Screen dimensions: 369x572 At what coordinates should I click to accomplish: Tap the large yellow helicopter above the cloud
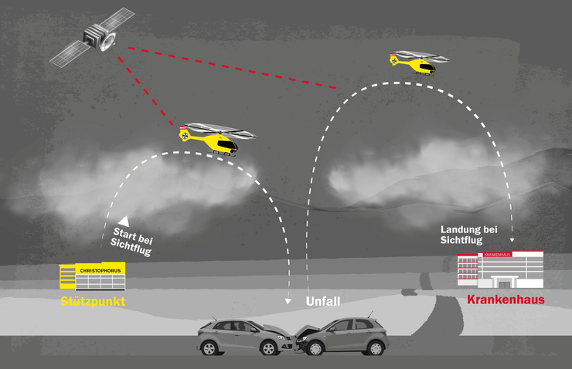[216, 140]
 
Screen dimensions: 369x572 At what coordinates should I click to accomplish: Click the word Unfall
[323, 301]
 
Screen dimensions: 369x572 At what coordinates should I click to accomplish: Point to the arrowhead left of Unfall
[288, 302]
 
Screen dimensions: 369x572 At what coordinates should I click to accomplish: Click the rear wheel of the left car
[211, 349]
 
